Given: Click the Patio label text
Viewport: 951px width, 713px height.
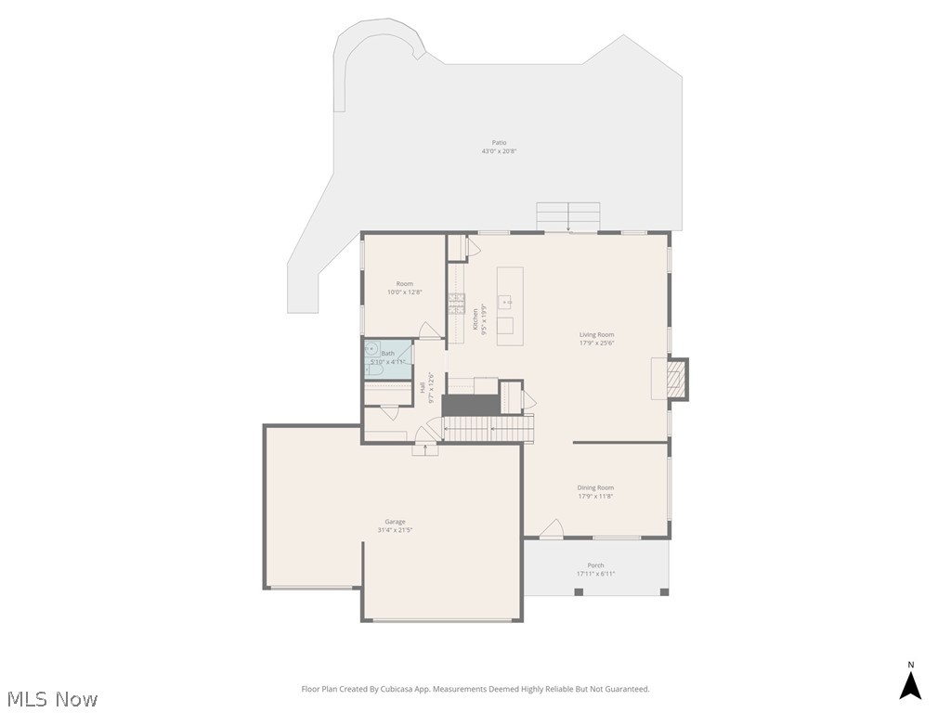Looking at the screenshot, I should coord(499,143).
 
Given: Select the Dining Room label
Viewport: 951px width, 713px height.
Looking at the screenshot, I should coord(595,487).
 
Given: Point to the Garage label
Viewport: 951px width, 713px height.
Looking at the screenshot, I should coord(395,522).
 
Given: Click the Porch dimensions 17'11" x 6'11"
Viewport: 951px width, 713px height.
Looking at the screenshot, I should coord(595,574).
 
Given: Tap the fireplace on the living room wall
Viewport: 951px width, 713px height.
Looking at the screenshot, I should coord(677,378).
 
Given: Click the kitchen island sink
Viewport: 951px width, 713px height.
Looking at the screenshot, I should coord(506,302).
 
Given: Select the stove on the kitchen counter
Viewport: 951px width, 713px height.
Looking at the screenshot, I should coord(457,299).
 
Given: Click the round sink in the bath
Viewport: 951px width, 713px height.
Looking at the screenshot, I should coord(371,350).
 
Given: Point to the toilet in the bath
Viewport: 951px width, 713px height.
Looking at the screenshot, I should coord(373,369).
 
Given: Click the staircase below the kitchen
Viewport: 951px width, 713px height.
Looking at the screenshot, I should coord(489,429).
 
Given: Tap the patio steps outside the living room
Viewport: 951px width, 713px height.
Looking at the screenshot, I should coord(567,215).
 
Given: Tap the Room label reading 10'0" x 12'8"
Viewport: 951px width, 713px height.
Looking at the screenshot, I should coord(404,292).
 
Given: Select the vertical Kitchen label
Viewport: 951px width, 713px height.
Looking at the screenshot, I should coord(476,319).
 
